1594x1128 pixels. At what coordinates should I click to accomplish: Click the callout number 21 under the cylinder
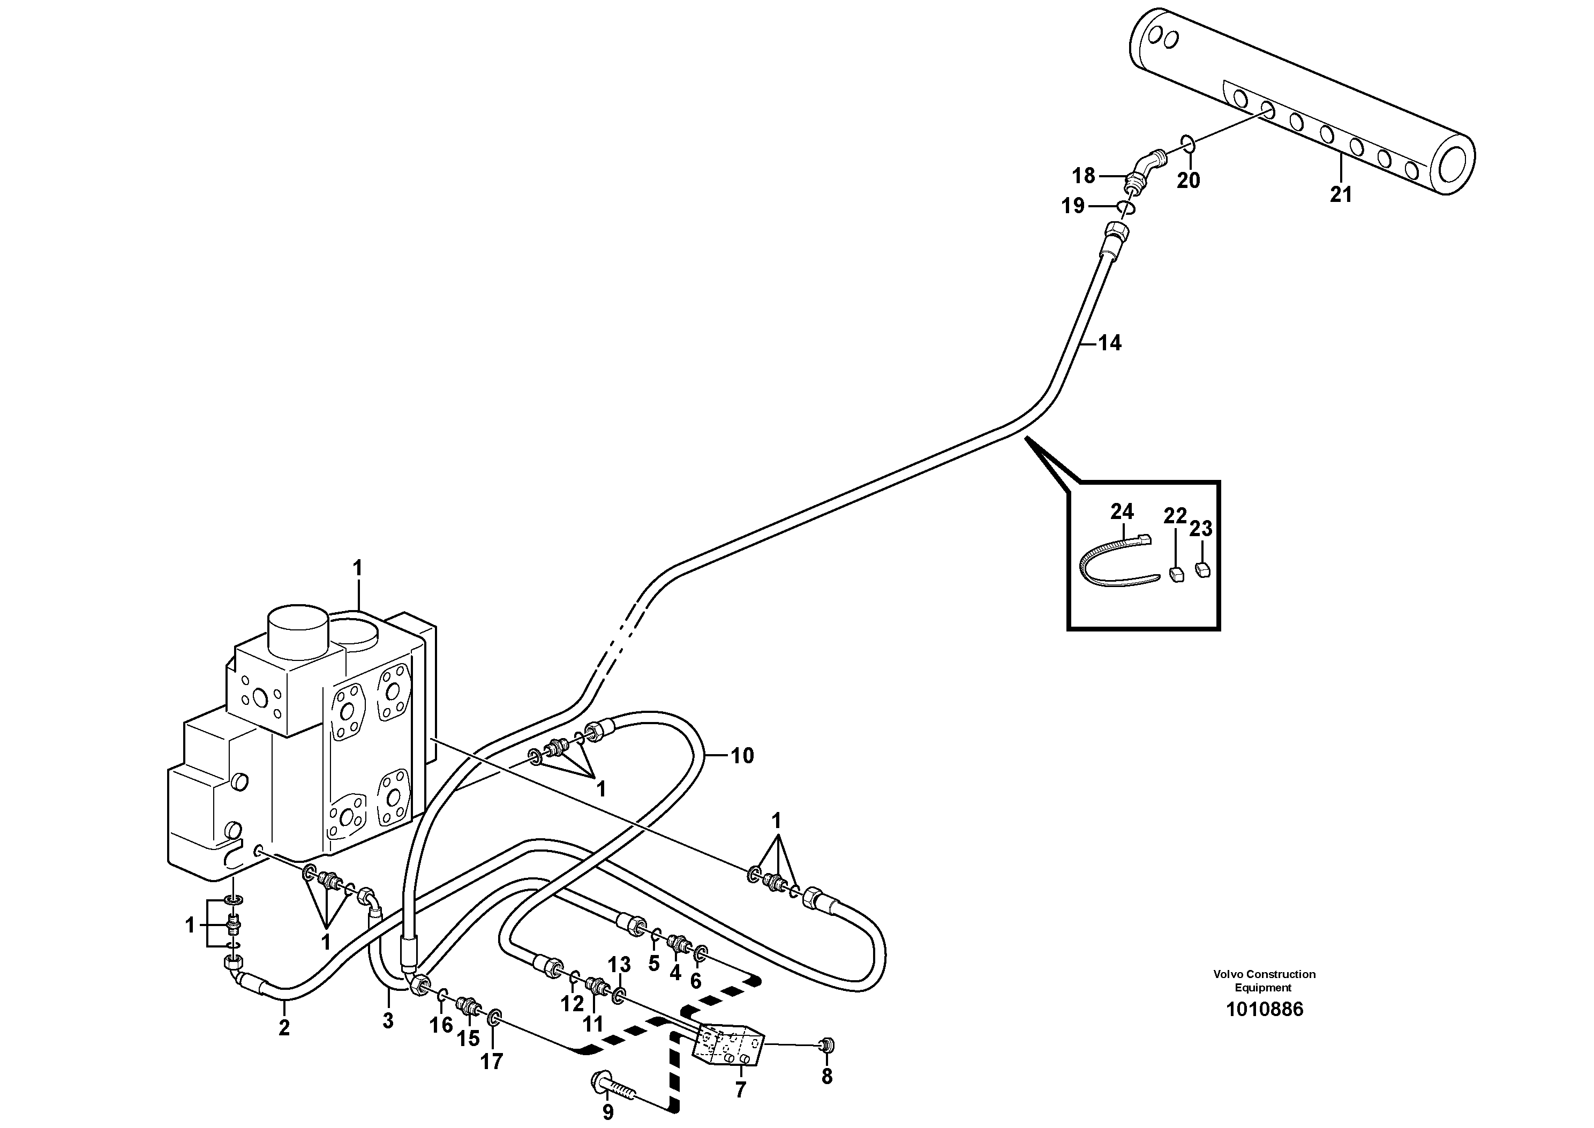pos(1341,195)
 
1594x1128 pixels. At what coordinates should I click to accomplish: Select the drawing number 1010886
pos(1264,1009)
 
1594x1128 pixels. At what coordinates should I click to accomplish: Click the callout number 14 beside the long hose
pos(1109,343)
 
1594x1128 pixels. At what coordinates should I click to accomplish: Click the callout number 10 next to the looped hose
pos(742,756)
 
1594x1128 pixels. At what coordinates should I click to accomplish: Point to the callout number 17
pos(491,1062)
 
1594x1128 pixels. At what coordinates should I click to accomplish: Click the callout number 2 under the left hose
pos(283,1028)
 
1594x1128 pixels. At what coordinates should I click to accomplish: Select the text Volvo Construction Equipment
pos(1264,981)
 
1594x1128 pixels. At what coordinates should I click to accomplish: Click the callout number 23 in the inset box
pos(1200,529)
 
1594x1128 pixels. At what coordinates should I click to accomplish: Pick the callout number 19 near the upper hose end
pos(1073,206)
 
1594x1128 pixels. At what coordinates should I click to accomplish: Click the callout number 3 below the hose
pos(388,1020)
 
